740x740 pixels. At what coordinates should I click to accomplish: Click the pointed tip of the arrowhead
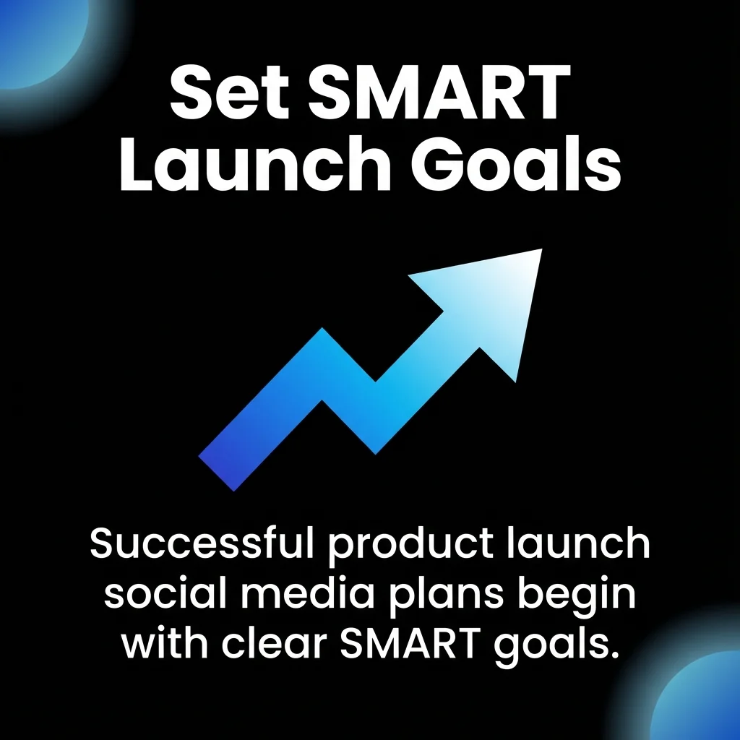(x=538, y=252)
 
